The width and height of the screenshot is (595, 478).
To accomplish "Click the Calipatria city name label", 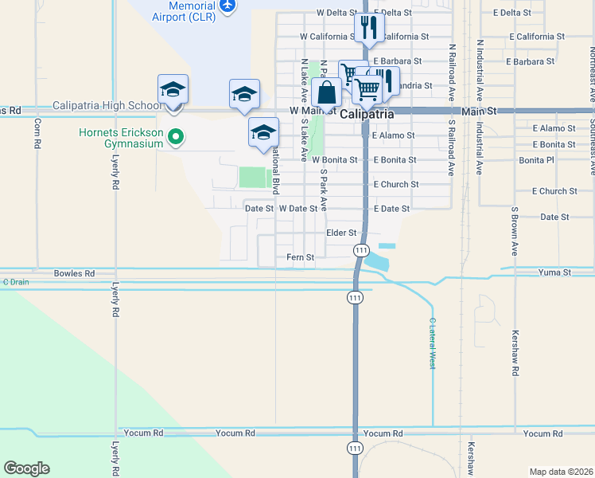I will point(367,114).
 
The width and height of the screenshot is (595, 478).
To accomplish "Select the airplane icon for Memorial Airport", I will point(228,6).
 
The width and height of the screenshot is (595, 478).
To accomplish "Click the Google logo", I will point(26,468).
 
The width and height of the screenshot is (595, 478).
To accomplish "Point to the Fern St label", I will point(301,257).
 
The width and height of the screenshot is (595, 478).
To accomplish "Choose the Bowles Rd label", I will point(74,273).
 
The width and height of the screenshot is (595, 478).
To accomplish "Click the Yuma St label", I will point(556,272).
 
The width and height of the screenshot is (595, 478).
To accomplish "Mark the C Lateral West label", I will point(433,343).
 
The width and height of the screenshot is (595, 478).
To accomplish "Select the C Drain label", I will point(15,281).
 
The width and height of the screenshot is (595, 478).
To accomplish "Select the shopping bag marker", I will point(326,92).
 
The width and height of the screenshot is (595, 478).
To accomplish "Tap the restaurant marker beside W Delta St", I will point(368,28).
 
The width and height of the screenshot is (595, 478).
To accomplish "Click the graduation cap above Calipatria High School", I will point(173,89).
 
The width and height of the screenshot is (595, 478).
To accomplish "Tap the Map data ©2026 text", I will point(560,472).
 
